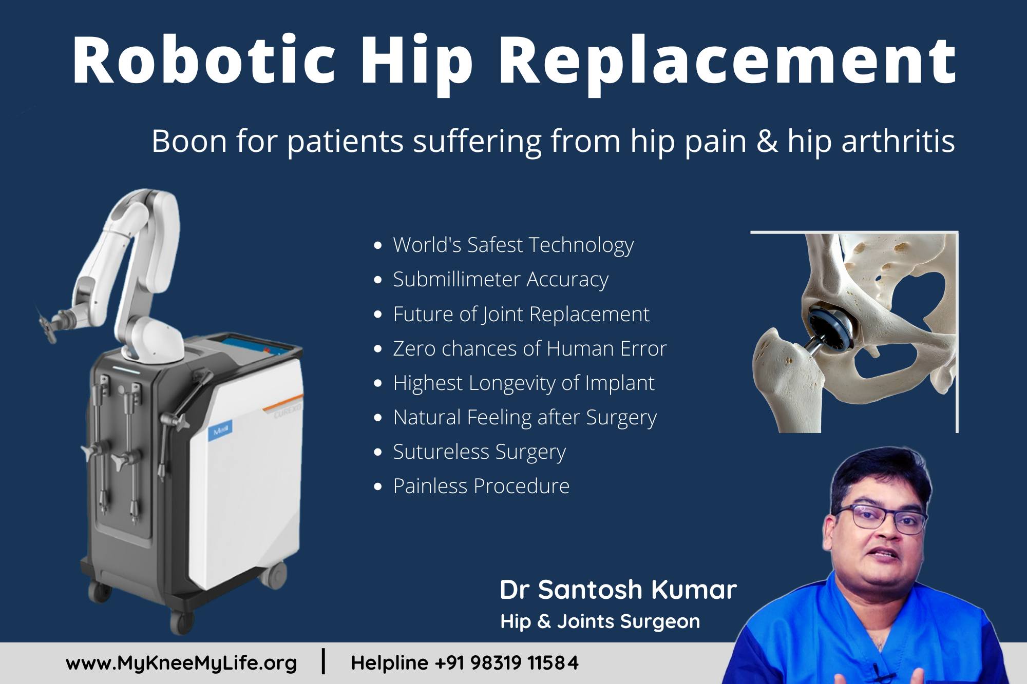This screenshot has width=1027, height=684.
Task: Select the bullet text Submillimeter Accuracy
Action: click(x=501, y=280)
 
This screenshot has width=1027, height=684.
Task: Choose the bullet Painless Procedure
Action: click(x=481, y=486)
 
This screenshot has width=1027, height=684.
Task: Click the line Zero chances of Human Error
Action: click(x=530, y=348)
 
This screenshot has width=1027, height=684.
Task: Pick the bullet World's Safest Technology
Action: click(x=513, y=245)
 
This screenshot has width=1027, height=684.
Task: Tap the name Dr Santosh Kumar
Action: click(x=618, y=590)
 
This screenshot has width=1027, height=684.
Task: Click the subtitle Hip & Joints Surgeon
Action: click(x=600, y=621)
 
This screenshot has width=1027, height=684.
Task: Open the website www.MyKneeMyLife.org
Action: click(x=181, y=663)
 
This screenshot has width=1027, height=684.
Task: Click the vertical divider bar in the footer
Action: click(x=323, y=661)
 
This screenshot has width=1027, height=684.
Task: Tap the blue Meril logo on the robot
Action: click(x=222, y=429)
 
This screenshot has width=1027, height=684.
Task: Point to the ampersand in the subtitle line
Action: click(x=767, y=141)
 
